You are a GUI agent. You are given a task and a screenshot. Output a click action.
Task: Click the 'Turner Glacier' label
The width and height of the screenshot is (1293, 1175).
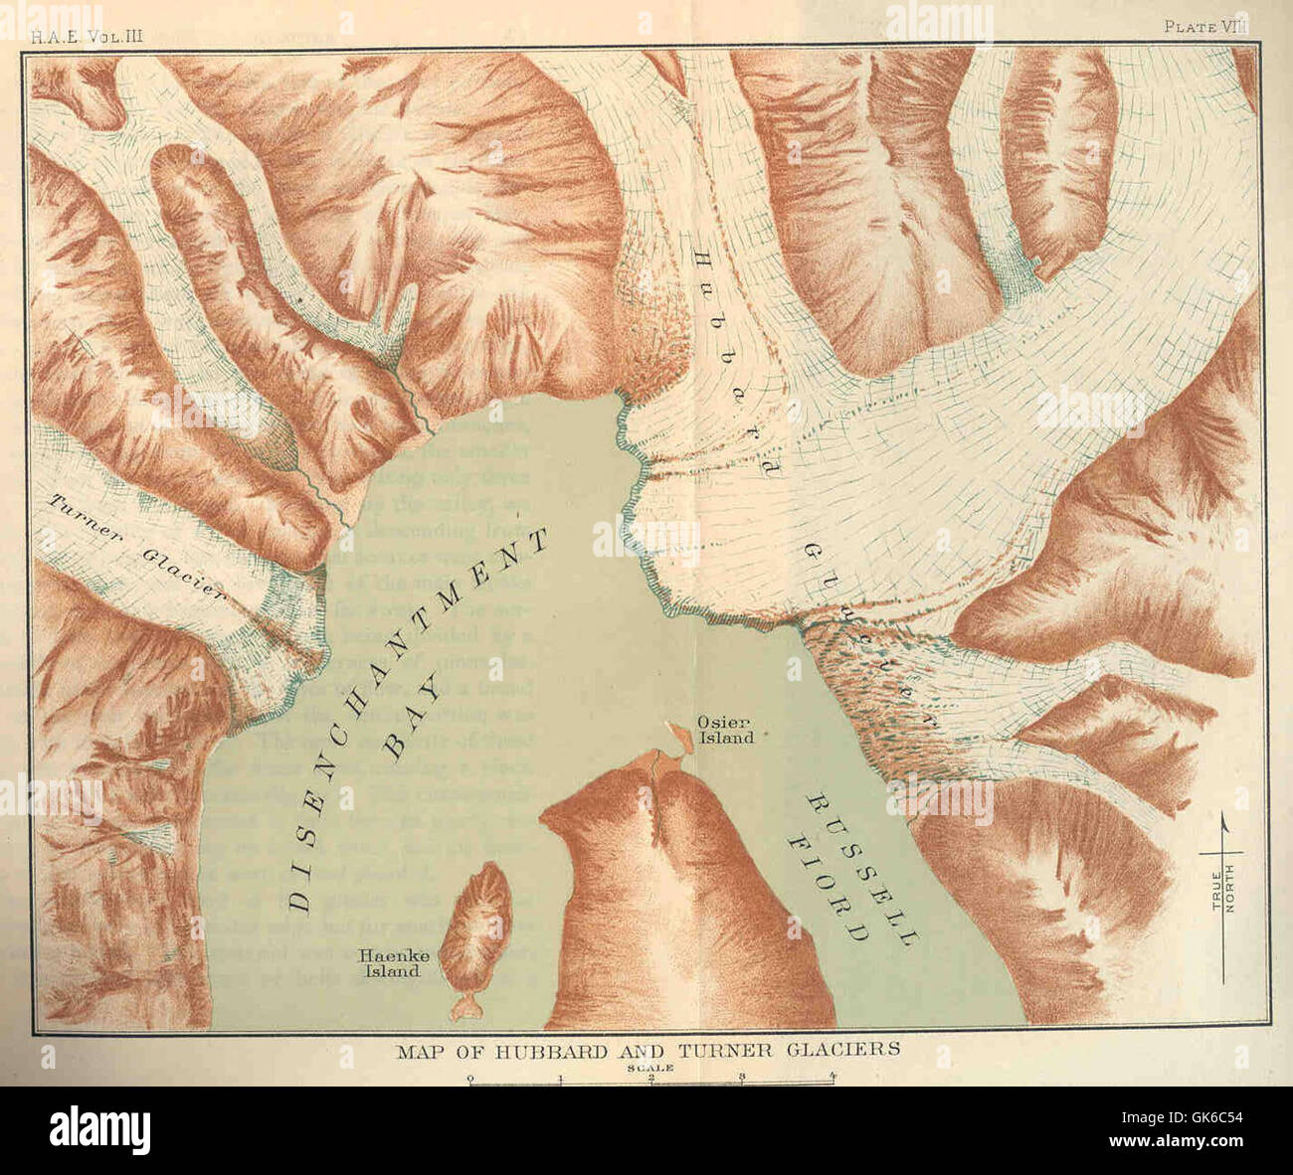[134, 547]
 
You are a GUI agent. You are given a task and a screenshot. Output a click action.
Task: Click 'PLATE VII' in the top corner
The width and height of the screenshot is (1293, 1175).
[1204, 27]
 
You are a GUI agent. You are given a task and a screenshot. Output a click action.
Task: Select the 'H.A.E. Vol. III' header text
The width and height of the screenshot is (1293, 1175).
[88, 36]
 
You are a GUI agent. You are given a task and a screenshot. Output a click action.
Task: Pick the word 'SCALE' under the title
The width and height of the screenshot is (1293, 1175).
[650, 1067]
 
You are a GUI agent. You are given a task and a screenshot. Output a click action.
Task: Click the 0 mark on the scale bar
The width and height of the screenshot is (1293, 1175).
[469, 1078]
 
